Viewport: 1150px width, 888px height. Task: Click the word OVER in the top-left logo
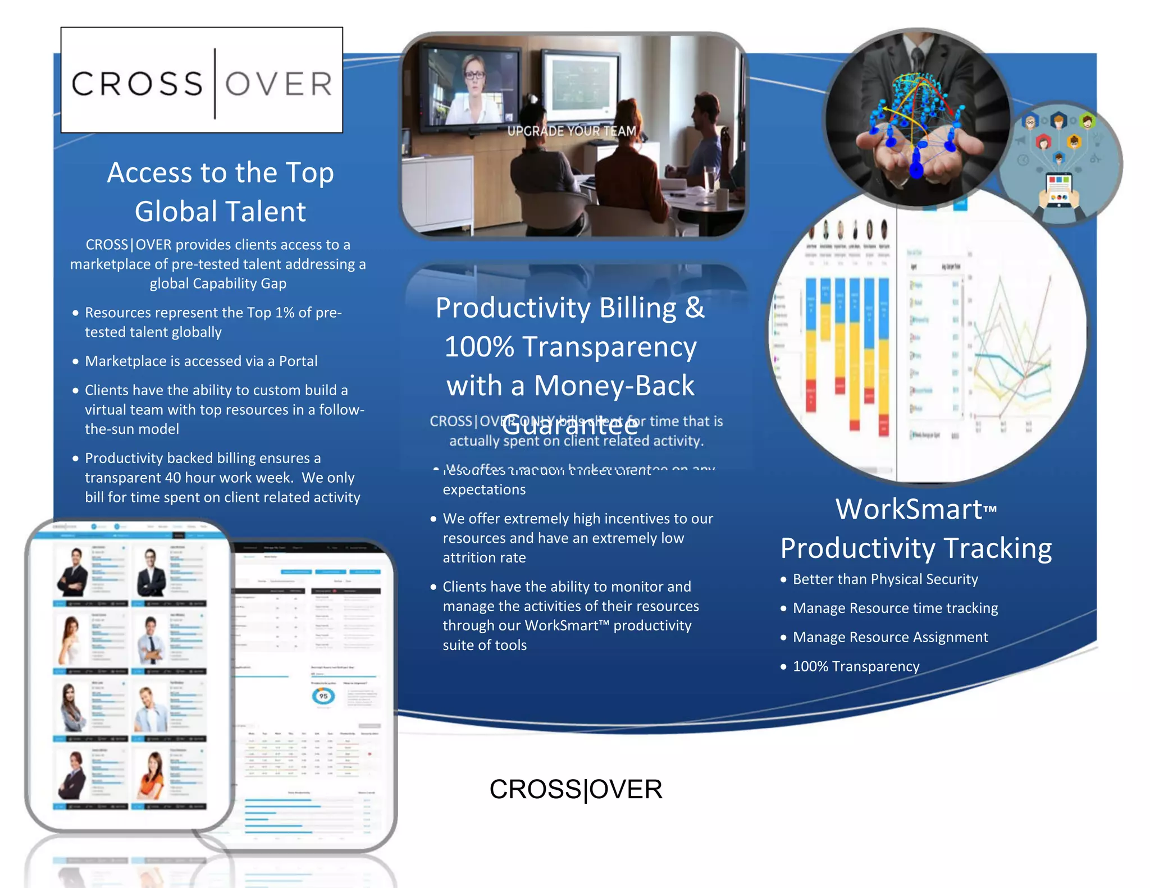[279, 84]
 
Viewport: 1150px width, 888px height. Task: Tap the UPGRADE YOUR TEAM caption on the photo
[572, 131]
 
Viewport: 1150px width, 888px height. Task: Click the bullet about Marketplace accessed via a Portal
[201, 361]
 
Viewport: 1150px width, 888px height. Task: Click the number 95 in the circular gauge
[323, 696]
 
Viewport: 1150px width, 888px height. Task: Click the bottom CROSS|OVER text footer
[576, 789]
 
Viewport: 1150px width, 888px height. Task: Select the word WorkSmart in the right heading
[909, 510]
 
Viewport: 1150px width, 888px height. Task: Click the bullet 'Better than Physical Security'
[885, 579]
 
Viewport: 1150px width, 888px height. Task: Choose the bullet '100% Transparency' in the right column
[856, 666]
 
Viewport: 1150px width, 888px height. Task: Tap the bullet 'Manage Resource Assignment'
[890, 637]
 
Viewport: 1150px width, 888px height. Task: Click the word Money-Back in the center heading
[614, 386]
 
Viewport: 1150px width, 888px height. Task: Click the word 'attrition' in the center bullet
[484, 557]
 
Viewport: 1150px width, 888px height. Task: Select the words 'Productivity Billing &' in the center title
[570, 308]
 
